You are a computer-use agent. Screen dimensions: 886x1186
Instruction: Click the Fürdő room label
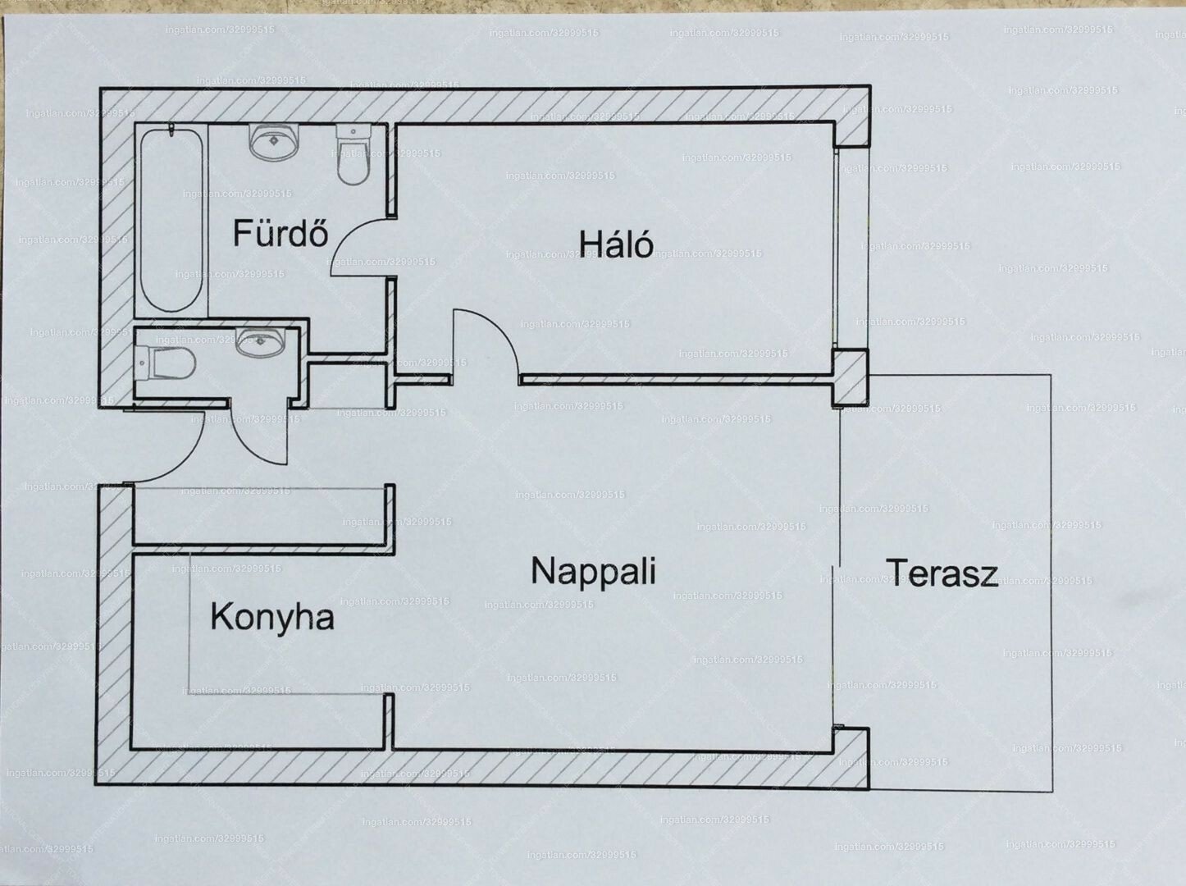point(281,234)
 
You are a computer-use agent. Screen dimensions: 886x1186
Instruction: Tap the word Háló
point(616,244)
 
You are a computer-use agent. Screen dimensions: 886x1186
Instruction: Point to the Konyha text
point(271,617)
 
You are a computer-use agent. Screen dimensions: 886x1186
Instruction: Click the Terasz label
point(942,573)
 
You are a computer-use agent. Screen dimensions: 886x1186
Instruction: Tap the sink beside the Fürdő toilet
point(273,144)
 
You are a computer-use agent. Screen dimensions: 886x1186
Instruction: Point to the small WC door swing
point(262,435)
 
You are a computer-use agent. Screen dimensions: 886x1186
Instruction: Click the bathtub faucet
point(171,130)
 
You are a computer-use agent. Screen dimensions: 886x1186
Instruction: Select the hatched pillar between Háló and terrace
point(851,377)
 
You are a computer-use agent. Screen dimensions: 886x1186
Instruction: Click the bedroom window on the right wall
point(837,246)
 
